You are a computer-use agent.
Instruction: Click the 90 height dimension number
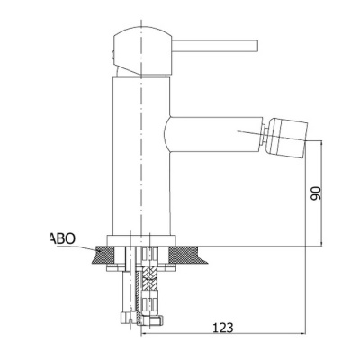tap(316, 193)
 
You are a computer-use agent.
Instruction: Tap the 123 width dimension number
tap(223, 328)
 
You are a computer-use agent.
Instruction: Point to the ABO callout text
tap(62, 238)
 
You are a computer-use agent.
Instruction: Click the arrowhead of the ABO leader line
tap(98, 250)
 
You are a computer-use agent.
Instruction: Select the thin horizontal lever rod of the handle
tap(215, 45)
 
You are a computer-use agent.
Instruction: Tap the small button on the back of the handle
tap(112, 56)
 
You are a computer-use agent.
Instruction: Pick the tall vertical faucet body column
tap(141, 156)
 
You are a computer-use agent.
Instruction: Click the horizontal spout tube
tap(214, 134)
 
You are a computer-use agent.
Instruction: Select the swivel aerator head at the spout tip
tap(287, 138)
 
